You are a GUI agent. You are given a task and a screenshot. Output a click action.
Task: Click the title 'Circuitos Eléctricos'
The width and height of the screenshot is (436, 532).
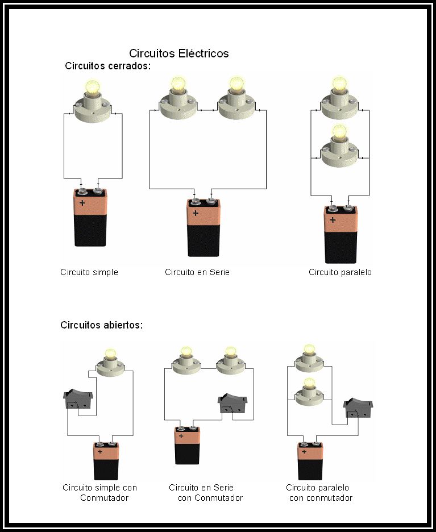(x=178, y=53)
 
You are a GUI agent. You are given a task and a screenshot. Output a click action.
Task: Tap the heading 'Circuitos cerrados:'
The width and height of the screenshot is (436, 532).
(x=107, y=66)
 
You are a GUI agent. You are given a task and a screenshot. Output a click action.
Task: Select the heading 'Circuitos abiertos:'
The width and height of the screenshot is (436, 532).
(x=101, y=326)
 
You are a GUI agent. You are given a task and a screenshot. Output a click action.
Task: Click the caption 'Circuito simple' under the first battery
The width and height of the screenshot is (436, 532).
(x=89, y=272)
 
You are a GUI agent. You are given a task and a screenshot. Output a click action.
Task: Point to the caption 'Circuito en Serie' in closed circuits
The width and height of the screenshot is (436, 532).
(x=197, y=272)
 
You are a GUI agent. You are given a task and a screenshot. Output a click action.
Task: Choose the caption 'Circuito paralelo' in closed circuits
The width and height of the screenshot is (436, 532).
(x=340, y=272)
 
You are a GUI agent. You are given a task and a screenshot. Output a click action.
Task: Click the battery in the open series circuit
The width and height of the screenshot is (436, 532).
(x=187, y=446)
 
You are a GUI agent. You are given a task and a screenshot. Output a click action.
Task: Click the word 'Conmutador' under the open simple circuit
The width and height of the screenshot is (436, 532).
(x=105, y=498)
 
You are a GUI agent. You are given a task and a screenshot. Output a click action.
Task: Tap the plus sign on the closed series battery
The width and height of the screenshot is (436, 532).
(x=195, y=214)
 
